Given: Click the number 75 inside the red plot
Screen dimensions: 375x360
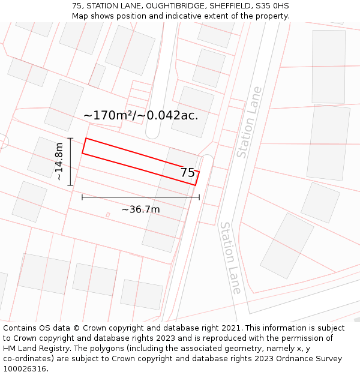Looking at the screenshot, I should tap(187, 173).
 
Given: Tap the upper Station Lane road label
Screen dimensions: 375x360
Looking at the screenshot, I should tap(249, 122).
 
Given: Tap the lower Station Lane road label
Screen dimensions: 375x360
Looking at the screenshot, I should tap(230, 257).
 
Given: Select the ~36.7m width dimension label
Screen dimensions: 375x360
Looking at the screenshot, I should tap(140, 209).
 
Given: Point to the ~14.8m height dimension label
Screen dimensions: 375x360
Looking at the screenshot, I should tap(59, 161).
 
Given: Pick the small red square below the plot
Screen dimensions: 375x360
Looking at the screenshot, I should tap(108, 215).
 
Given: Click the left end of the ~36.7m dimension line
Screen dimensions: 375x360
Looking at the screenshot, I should tap(82, 197).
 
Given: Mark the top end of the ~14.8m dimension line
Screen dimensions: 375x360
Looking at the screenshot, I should tap(71, 139).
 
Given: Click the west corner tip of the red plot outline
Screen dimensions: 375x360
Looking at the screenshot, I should tap(82, 153).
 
